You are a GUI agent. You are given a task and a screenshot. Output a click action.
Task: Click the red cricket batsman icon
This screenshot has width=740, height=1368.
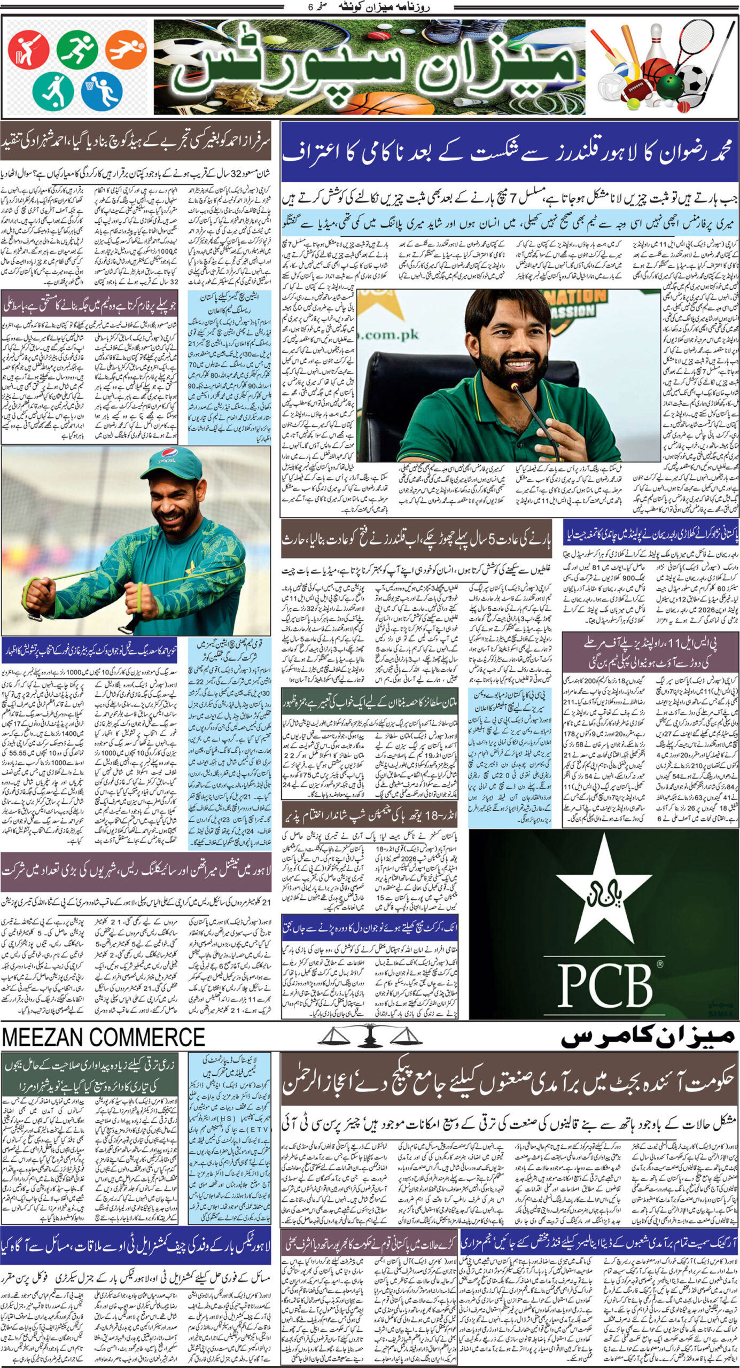(28, 50)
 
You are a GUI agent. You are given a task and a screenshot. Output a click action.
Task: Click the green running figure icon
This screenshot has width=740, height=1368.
(77, 49)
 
